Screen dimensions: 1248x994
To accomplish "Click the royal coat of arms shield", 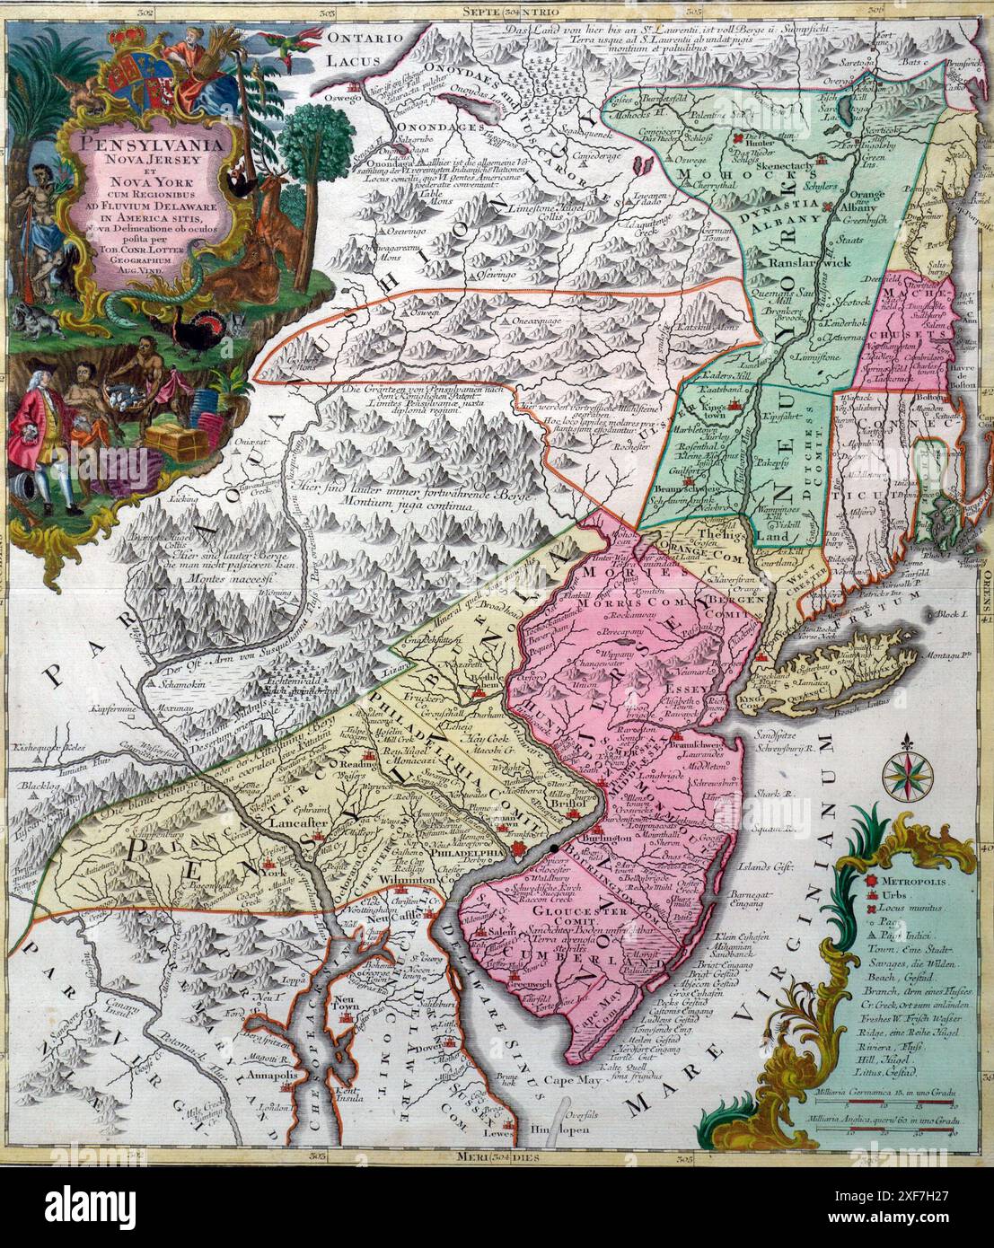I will click(x=126, y=83).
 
